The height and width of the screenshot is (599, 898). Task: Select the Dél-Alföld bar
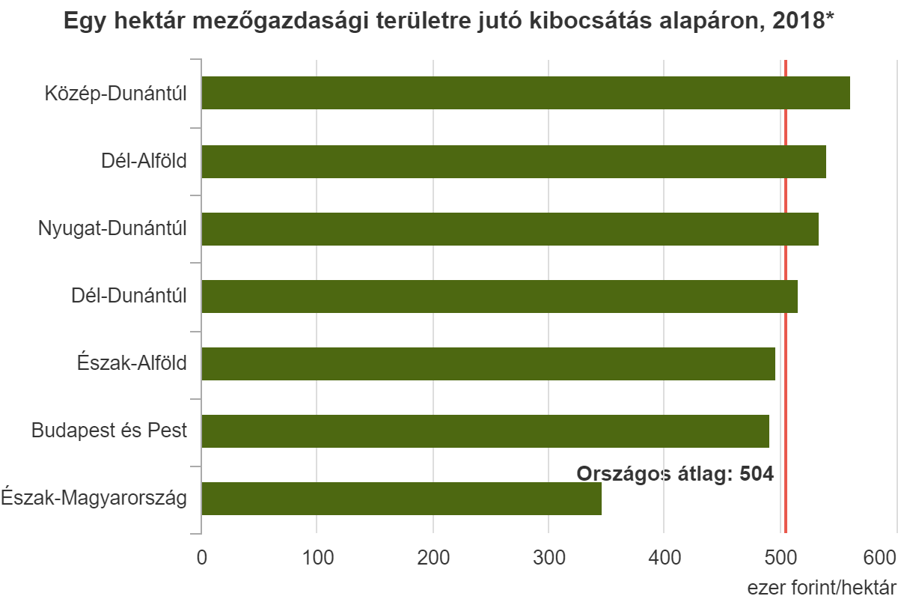point(513,161)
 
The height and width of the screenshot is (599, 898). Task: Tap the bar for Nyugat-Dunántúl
point(510,229)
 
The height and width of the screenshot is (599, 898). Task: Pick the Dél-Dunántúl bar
point(499,297)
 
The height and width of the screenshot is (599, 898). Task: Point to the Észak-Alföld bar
point(488,364)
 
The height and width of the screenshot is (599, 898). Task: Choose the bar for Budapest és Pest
point(485,431)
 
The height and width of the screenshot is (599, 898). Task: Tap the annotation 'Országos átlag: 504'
point(673,473)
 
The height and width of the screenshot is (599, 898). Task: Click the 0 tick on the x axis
point(201,557)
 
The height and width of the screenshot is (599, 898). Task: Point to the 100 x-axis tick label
point(317,557)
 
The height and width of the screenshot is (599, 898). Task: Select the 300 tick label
point(549,557)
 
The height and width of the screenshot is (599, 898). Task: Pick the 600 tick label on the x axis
point(880,557)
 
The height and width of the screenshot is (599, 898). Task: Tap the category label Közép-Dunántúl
point(114,94)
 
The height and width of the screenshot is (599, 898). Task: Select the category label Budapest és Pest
point(109,431)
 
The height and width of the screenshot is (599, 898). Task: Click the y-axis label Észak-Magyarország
point(94,498)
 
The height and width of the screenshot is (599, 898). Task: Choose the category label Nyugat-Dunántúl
point(112,228)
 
